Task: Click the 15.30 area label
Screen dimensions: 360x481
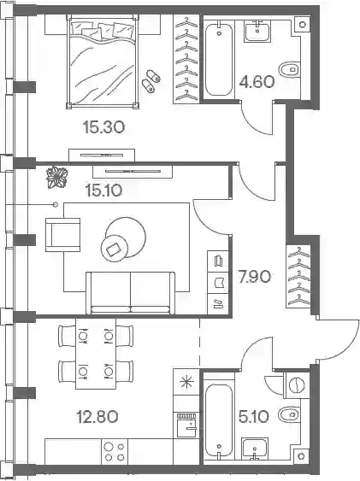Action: pyautogui.click(x=103, y=127)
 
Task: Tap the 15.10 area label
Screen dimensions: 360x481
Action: pyautogui.click(x=103, y=191)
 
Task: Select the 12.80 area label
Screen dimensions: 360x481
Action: pyautogui.click(x=97, y=417)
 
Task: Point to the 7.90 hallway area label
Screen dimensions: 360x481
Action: pyautogui.click(x=255, y=277)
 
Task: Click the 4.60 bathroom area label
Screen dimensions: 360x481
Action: pyautogui.click(x=257, y=82)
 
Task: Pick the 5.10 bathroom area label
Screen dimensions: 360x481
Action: pyautogui.click(x=254, y=417)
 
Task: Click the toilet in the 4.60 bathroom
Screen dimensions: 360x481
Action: pyautogui.click(x=290, y=70)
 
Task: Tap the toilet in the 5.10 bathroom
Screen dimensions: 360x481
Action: pyautogui.click(x=290, y=414)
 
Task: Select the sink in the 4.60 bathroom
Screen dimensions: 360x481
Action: pyautogui.click(x=257, y=32)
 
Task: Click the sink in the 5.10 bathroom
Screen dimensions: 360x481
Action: pyautogui.click(x=255, y=449)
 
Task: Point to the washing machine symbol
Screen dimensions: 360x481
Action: pyautogui.click(x=297, y=385)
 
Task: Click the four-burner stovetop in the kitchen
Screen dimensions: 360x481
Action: pyautogui.click(x=115, y=451)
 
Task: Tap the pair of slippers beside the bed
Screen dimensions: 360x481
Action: pyautogui.click(x=151, y=81)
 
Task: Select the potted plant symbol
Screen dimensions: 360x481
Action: pyautogui.click(x=56, y=177)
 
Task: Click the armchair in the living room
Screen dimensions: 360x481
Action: pyautogui.click(x=63, y=235)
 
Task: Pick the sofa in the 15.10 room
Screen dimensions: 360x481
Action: pyautogui.click(x=131, y=293)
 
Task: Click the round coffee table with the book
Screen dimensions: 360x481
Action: pyautogui.click(x=114, y=249)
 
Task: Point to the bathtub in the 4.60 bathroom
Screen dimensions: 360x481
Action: pyautogui.click(x=219, y=60)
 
